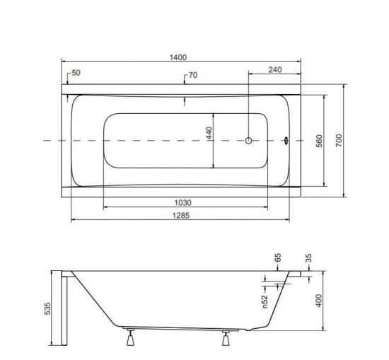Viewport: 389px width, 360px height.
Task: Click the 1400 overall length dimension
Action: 178,57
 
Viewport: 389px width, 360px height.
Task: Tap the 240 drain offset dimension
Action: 275,70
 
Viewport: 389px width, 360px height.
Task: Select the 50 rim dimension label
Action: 76,73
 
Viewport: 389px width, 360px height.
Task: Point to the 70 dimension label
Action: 193,75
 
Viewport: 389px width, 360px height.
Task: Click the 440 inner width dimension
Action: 209,133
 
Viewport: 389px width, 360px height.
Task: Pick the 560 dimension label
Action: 320,141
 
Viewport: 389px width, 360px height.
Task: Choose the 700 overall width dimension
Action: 339,140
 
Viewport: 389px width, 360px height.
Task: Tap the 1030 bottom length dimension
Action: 183,203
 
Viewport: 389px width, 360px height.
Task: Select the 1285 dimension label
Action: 181,215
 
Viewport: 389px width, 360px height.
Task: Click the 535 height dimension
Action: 47,308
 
